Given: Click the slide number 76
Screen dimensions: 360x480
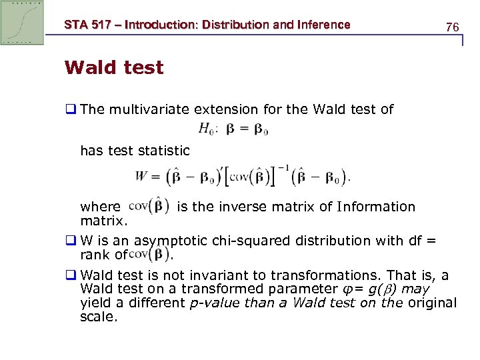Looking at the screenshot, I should click(x=452, y=27).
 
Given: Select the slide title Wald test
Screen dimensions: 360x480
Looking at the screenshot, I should click(x=113, y=68).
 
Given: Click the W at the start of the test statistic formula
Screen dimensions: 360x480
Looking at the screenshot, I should click(x=141, y=177).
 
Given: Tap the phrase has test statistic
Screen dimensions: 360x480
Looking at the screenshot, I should click(x=135, y=151).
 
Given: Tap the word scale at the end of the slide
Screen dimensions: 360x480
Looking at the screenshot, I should click(x=97, y=317).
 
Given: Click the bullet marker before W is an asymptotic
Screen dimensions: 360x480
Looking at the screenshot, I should click(x=70, y=241).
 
